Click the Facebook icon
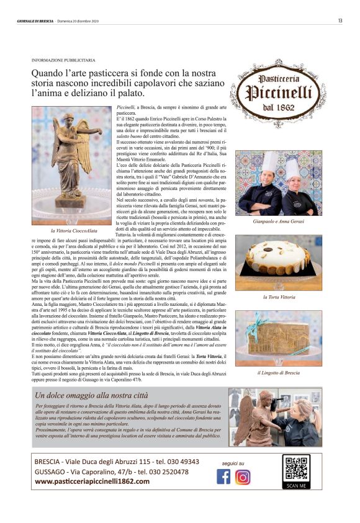[x=223, y=476]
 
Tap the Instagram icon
[x=243, y=476]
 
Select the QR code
[x=295, y=468]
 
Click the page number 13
[x=340, y=20]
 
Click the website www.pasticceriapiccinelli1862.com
[x=92, y=481]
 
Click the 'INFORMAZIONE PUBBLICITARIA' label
[x=63, y=60]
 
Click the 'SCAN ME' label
[x=295, y=485]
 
